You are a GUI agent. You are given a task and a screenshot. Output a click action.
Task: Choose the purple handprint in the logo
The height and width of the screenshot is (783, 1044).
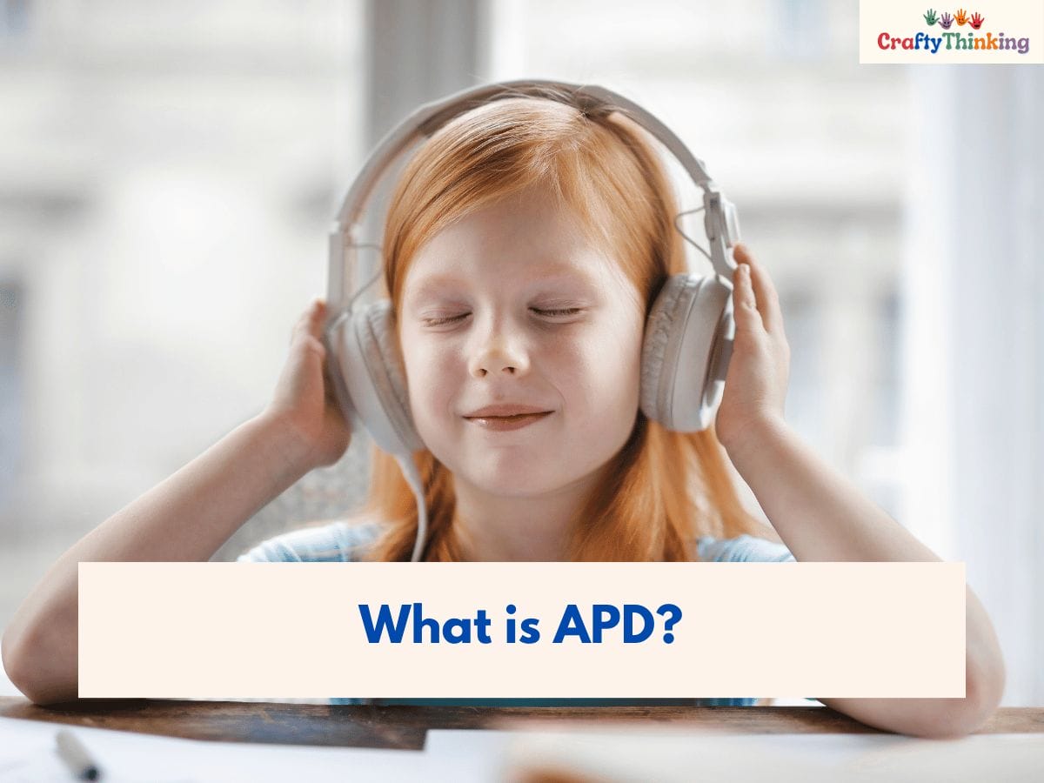click(x=946, y=19)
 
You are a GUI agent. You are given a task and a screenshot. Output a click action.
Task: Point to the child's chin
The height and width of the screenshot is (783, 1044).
click(x=509, y=465)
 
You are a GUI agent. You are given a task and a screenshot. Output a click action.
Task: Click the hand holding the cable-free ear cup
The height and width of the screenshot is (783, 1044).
click(x=753, y=348)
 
